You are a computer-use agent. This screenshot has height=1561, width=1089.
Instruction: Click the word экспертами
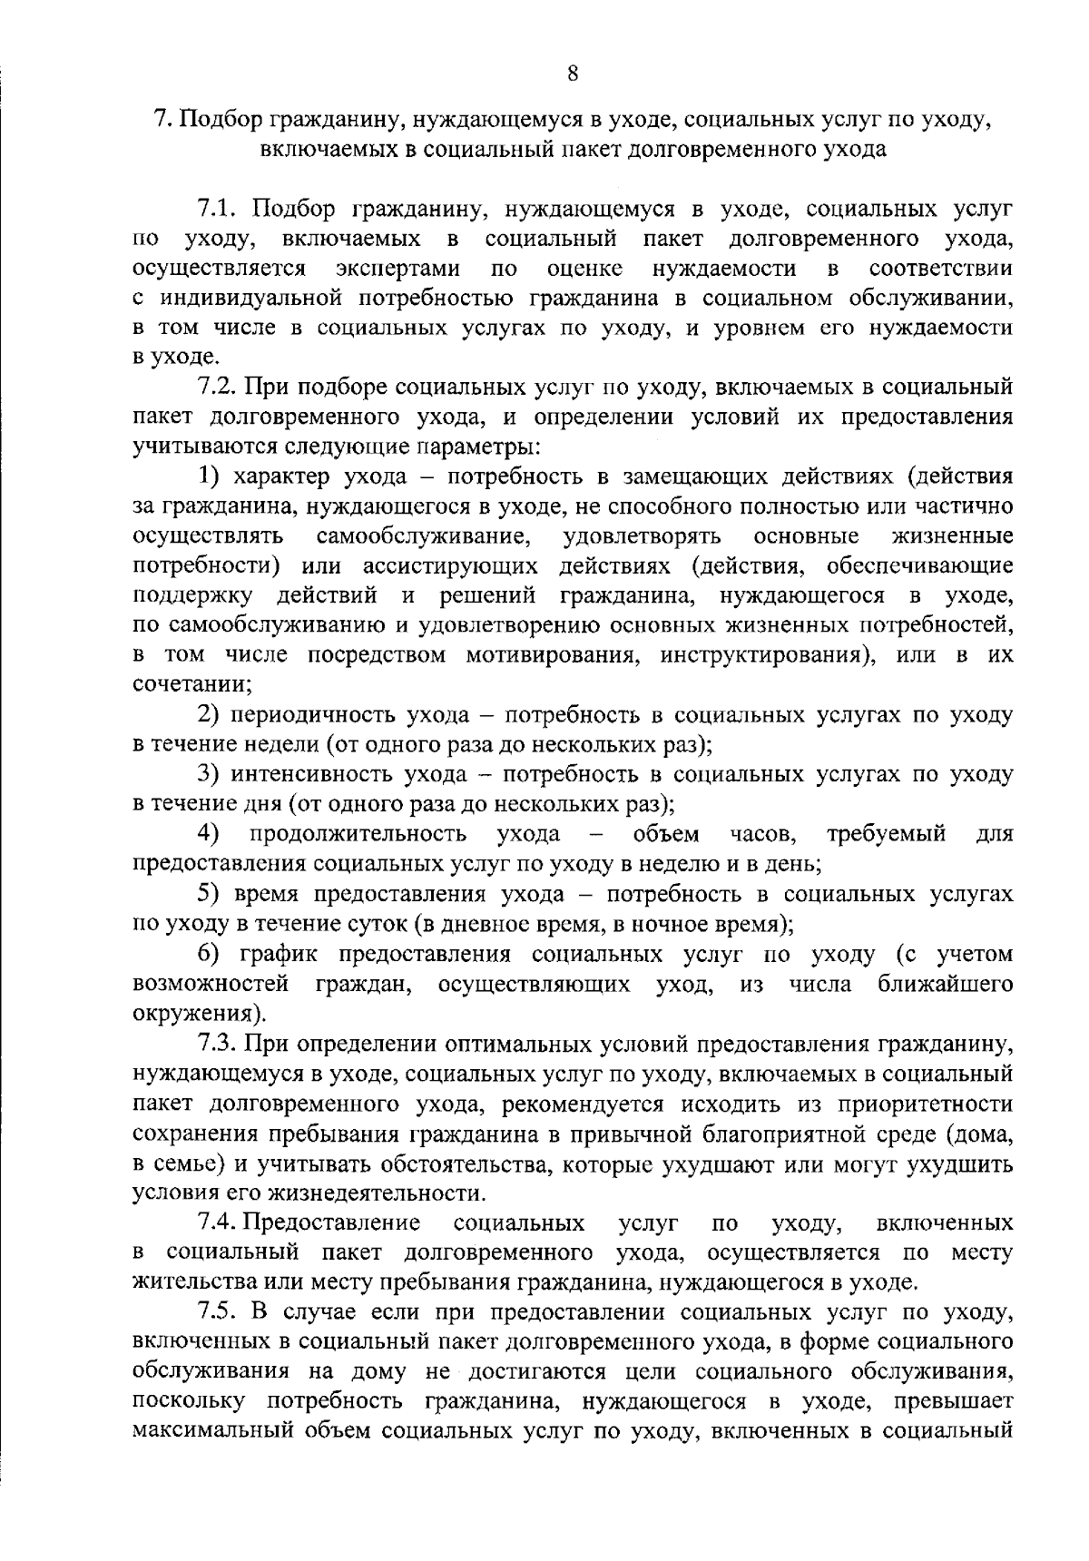(397, 270)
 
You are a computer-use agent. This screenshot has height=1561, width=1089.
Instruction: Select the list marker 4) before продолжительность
(209, 833)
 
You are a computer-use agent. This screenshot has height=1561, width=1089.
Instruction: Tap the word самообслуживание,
(424, 536)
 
